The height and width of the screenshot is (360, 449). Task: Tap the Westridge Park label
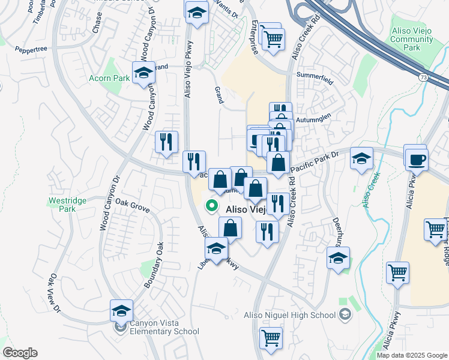pyautogui.click(x=68, y=205)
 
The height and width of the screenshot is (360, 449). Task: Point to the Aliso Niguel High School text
pyautogui.click(x=289, y=315)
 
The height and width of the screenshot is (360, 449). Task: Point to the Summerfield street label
pyautogui.click(x=314, y=74)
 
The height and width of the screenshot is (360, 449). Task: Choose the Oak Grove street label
pyautogui.click(x=132, y=205)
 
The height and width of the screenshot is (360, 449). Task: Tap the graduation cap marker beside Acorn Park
pyautogui.click(x=143, y=73)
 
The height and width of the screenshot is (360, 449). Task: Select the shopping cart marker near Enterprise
pyautogui.click(x=273, y=39)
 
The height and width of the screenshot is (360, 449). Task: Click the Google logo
pyautogui.click(x=20, y=353)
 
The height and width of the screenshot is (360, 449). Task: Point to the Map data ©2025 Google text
pyautogui.click(x=411, y=355)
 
